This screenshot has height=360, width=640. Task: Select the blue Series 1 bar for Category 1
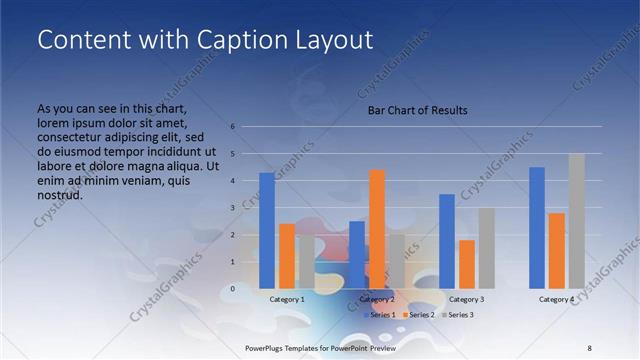coord(266,231)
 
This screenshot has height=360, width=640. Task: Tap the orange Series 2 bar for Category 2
coord(376,229)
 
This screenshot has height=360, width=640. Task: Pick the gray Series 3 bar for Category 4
coord(576,221)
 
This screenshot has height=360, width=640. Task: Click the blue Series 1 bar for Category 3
coord(446,241)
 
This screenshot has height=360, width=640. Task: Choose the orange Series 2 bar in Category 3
coord(466,264)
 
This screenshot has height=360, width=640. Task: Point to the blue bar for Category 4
coord(537,227)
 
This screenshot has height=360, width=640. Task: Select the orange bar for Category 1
coord(286,256)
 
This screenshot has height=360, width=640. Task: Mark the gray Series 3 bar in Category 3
coord(486,248)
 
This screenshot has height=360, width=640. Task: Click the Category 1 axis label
coord(287,299)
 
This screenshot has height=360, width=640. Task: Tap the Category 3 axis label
coord(467,299)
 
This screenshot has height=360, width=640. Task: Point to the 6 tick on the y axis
coord(232,127)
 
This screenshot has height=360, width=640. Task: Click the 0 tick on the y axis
coord(232,288)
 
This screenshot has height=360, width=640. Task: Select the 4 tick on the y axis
coord(232,181)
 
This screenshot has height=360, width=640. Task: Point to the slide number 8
coord(589,347)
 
